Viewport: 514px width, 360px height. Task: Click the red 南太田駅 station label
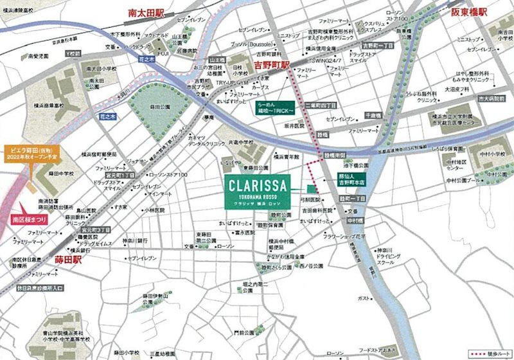coord(146,12)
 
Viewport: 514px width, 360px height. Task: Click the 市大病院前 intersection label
coord(492,100)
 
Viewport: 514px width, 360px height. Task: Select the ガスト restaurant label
coord(364,298)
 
